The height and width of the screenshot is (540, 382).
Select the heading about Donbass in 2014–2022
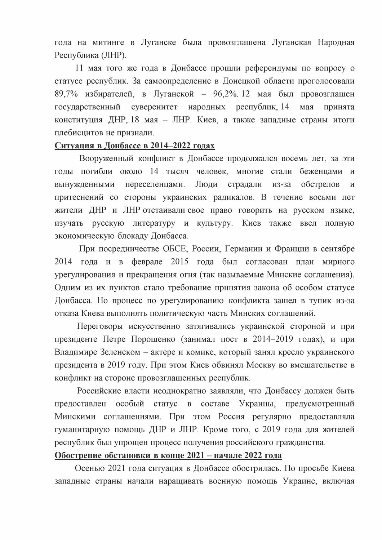coord(134,146)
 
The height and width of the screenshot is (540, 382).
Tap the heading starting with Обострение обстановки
coord(168,455)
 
